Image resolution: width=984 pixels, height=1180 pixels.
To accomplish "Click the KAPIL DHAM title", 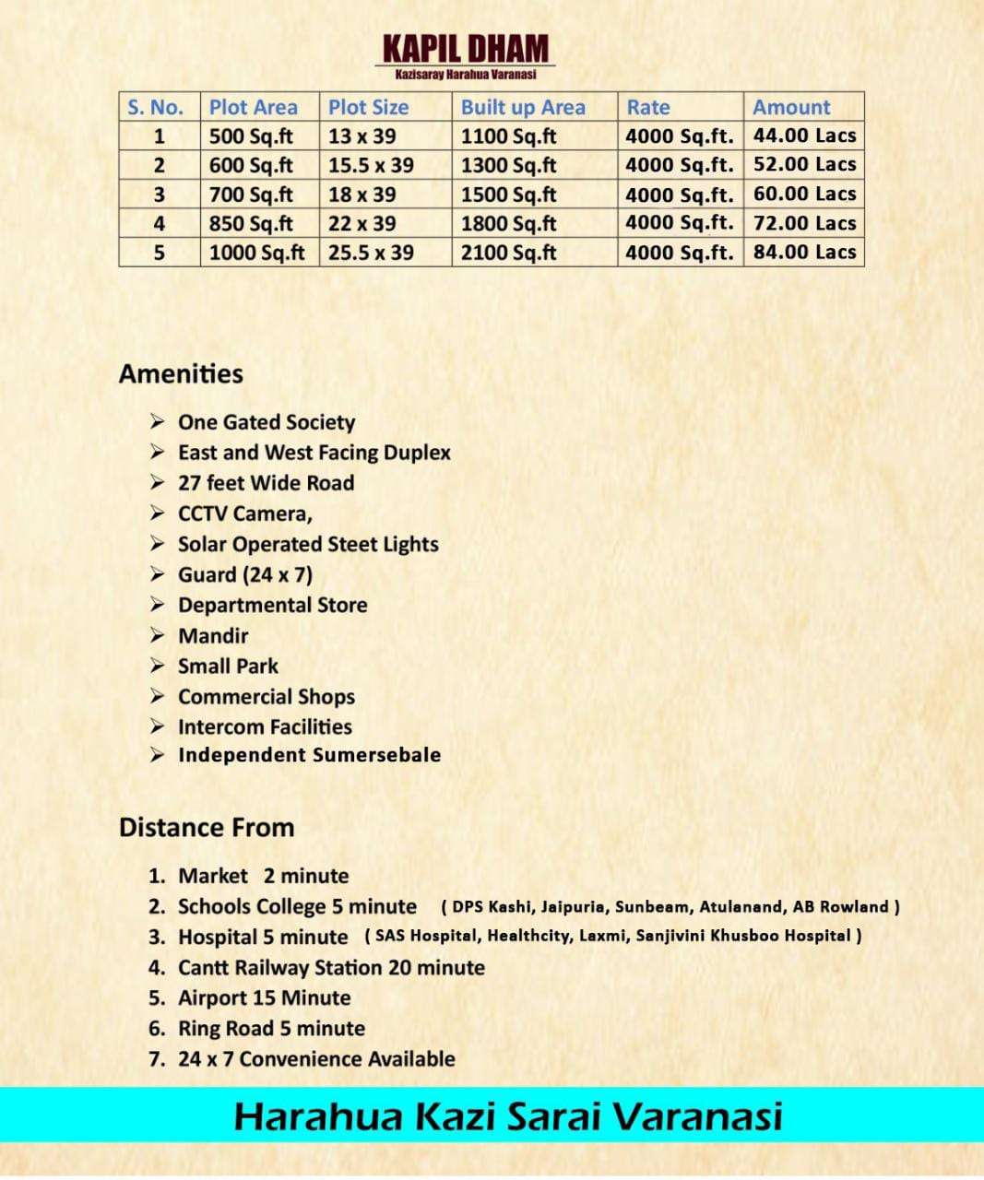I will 466,50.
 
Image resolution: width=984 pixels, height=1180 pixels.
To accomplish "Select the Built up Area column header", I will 523,107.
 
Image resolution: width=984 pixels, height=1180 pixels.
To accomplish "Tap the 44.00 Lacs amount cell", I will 804,136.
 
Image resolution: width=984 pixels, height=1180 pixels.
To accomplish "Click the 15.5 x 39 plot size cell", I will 371,165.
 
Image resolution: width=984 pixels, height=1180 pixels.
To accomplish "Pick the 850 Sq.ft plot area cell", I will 251,223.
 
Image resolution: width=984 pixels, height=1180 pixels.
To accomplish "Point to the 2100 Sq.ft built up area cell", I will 509,253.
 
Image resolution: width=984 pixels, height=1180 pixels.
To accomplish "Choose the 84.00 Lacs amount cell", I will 804,252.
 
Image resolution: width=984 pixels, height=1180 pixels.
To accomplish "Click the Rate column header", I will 648,107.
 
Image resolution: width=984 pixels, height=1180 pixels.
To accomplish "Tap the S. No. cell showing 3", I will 160,195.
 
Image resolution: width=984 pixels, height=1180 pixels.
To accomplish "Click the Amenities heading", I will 181,373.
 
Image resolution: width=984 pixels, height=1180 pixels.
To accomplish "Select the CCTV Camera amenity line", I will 245,513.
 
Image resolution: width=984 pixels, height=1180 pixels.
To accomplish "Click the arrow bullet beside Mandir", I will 159,635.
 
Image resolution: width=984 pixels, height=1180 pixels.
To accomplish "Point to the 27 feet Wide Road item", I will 266,483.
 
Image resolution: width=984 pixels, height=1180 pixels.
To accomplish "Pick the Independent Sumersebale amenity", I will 309,755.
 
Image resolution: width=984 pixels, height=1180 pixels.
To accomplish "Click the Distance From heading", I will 207,827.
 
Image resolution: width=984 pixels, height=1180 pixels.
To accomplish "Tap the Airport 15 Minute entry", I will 264,997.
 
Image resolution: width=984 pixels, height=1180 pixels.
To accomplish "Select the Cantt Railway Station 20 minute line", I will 331,967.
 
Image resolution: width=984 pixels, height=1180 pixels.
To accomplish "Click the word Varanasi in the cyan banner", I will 697,1116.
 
